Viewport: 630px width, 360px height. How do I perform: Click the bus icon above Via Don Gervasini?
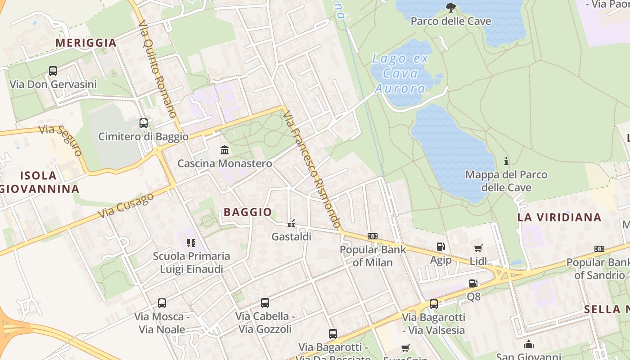click(x=53, y=71)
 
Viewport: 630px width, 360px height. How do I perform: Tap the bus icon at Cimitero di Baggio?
click(x=144, y=123)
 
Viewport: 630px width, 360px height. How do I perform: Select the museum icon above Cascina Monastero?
click(x=225, y=150)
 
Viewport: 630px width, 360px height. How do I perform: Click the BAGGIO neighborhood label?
click(x=247, y=212)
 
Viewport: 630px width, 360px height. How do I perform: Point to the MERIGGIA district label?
click(x=86, y=43)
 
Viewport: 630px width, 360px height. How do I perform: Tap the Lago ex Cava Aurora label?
click(x=400, y=73)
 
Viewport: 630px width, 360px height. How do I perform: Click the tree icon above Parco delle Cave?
click(x=450, y=8)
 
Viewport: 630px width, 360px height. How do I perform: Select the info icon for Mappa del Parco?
click(x=506, y=161)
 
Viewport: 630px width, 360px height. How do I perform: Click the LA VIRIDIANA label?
click(x=559, y=217)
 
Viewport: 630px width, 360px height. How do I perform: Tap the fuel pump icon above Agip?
click(x=441, y=247)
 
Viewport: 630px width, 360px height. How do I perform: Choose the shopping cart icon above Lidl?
click(x=478, y=248)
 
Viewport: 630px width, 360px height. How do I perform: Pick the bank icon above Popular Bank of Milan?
click(x=372, y=236)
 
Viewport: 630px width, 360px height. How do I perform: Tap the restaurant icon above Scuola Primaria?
click(x=191, y=243)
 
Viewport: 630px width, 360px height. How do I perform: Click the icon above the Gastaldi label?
click(x=291, y=223)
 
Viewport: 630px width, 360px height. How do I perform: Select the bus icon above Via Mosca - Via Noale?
click(x=162, y=303)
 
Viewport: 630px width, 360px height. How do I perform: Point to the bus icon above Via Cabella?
click(x=265, y=303)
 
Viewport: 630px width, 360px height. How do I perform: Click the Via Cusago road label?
click(x=126, y=206)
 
